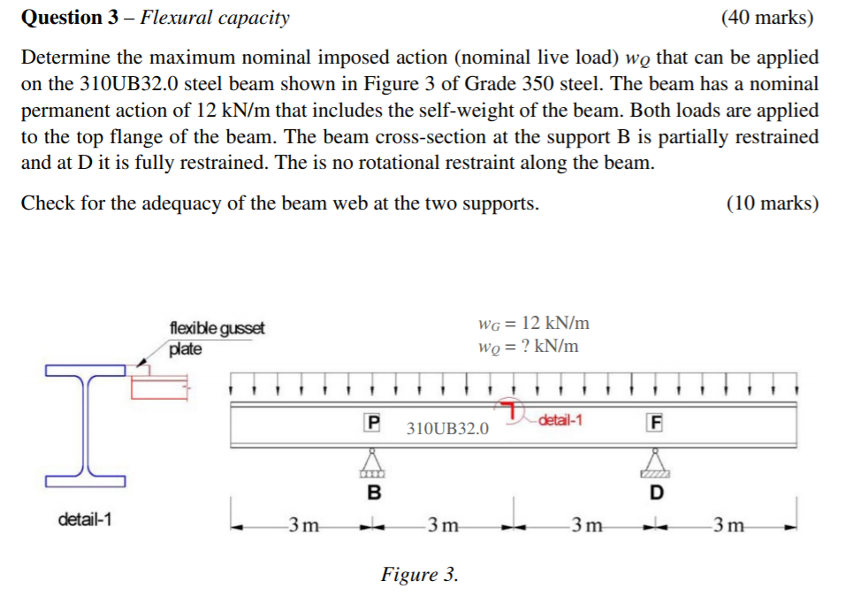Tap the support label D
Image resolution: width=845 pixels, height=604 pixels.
[655, 492]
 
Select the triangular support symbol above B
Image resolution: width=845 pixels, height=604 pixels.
[373, 462]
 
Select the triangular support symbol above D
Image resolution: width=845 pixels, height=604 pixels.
[655, 462]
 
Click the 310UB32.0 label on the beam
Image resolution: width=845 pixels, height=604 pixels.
[447, 429]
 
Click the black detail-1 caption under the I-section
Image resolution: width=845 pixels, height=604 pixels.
[85, 519]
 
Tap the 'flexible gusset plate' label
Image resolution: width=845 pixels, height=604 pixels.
[216, 338]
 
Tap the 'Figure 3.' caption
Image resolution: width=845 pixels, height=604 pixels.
[419, 575]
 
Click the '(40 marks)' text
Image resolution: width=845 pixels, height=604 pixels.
[767, 17]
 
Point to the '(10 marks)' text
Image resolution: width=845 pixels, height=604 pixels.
[772, 203]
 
